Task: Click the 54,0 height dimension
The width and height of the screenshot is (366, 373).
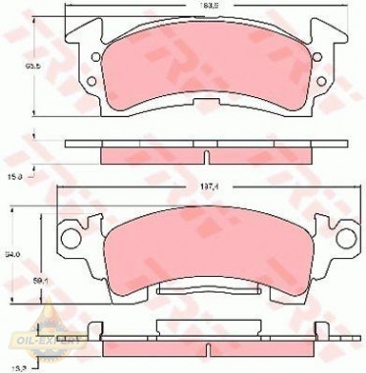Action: tap(14, 256)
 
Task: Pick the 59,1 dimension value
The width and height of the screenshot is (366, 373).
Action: tap(41, 286)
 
